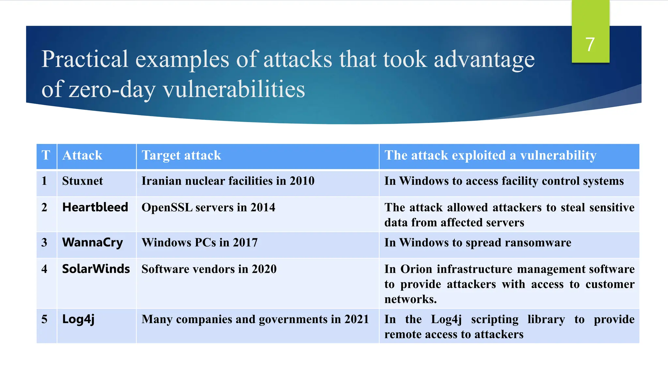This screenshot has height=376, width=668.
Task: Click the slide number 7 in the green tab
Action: [x=590, y=44]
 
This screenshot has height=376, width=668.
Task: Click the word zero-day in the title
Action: [x=112, y=89]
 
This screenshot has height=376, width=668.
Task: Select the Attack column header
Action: [x=82, y=155]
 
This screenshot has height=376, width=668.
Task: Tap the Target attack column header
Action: [x=181, y=155]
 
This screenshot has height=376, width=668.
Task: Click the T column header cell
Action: [x=46, y=155]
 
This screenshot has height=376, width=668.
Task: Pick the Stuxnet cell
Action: [x=83, y=181]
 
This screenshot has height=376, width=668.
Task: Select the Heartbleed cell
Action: [x=95, y=207]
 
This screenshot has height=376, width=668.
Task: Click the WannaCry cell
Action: [x=93, y=243]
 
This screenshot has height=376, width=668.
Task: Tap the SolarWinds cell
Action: [x=96, y=269]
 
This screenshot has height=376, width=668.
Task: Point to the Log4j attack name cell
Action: [x=78, y=319]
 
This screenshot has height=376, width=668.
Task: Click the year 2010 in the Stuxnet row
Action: [x=302, y=181]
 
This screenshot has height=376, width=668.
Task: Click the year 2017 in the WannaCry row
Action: [x=245, y=243]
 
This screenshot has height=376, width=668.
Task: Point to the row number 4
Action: [x=44, y=269]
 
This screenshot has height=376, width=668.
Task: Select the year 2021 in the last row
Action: [x=357, y=319]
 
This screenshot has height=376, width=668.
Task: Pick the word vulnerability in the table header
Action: [x=558, y=155]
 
